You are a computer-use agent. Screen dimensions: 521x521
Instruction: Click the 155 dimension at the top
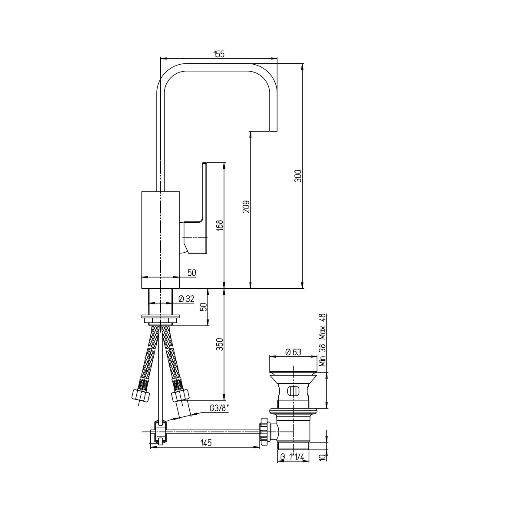click(x=219, y=54)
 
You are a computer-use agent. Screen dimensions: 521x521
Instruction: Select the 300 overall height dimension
click(x=298, y=176)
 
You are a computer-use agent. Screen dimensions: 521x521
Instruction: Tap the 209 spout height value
click(x=246, y=207)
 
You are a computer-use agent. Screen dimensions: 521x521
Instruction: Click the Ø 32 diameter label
click(x=186, y=299)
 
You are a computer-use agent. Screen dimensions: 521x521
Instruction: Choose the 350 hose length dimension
click(x=221, y=344)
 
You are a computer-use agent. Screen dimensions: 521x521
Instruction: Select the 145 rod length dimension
click(x=206, y=442)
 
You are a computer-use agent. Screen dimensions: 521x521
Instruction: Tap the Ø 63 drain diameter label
click(x=293, y=352)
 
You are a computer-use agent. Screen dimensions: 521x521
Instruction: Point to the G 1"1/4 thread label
click(x=293, y=457)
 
